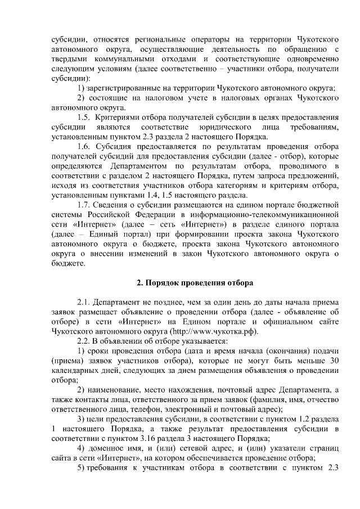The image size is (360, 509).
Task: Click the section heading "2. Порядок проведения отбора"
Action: pos(195,282)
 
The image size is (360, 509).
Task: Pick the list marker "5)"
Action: pos(81,469)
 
